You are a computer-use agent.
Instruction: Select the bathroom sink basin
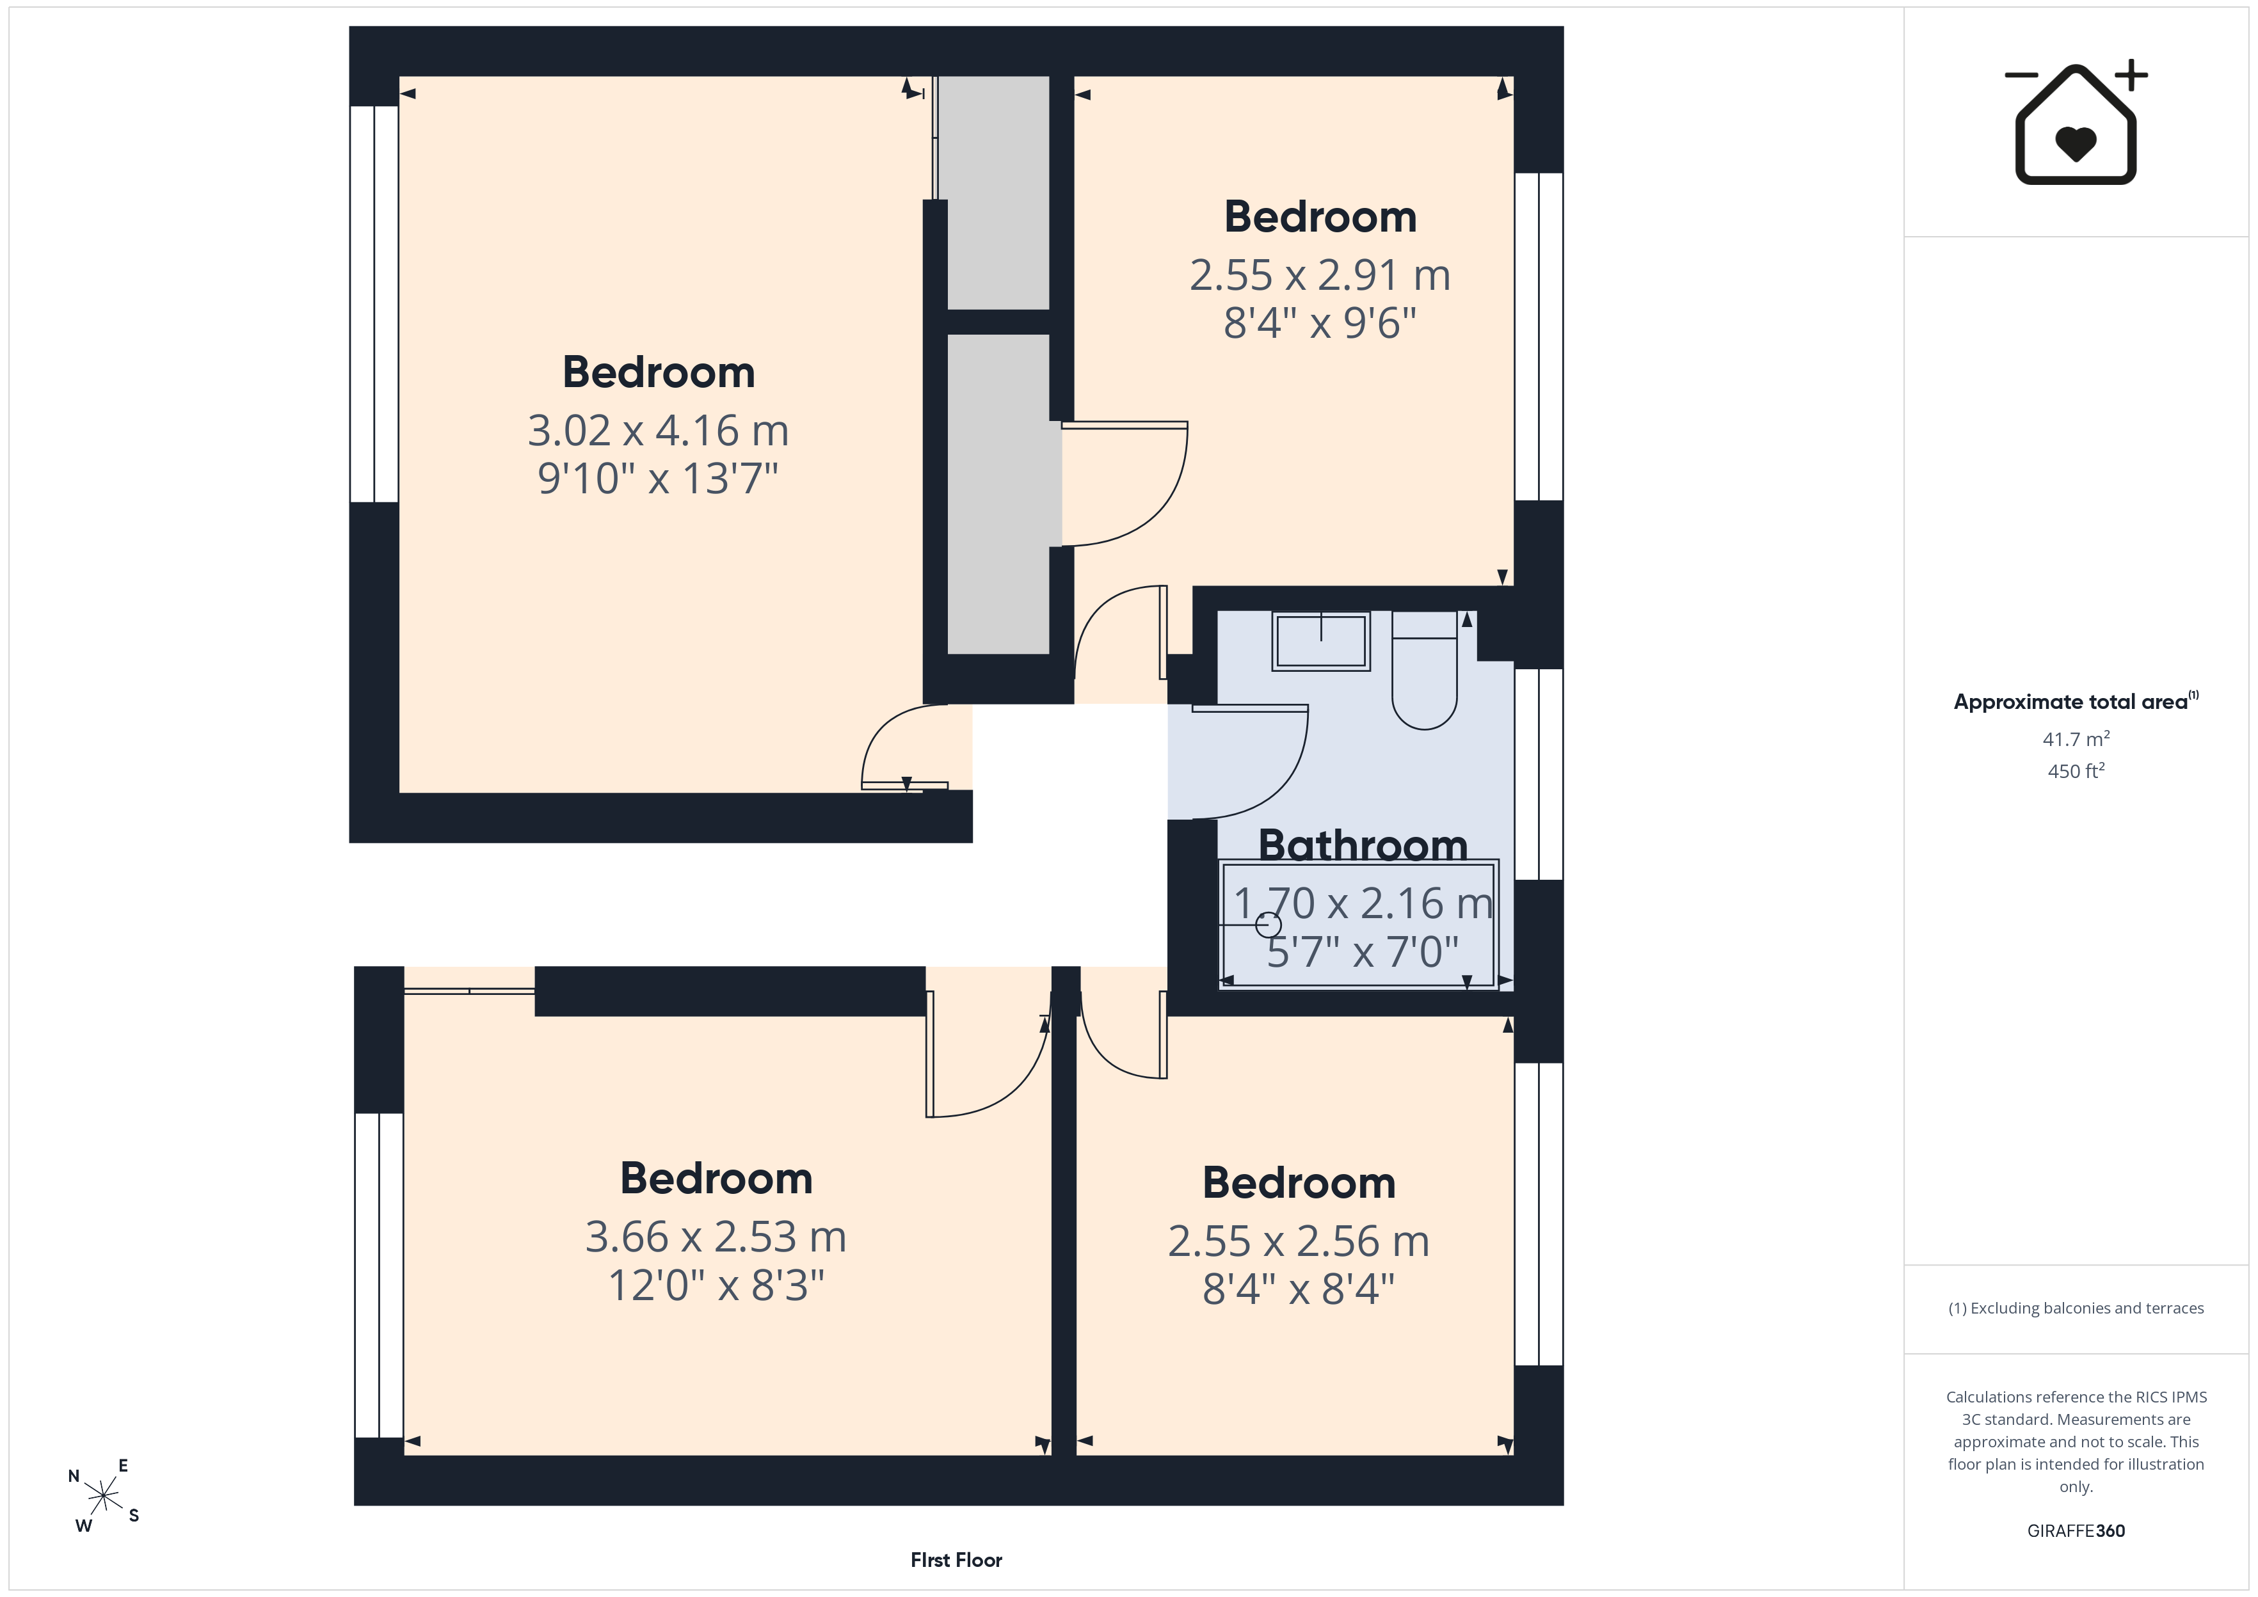1321,641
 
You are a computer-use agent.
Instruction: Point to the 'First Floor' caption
956,1560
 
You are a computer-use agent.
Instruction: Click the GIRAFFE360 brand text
2076,1530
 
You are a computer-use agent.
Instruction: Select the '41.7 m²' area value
2076,738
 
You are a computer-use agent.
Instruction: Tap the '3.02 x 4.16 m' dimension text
658,431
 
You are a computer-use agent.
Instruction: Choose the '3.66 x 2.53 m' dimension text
716,1237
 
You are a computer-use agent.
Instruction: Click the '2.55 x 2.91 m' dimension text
1320,275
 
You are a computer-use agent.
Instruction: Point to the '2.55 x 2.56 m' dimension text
1298,1241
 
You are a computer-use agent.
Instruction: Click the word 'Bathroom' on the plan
1363,845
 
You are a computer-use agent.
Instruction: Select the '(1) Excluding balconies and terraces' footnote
2076,1308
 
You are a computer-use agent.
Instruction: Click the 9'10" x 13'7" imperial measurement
658,479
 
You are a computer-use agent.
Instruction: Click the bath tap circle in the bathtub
1269,925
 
